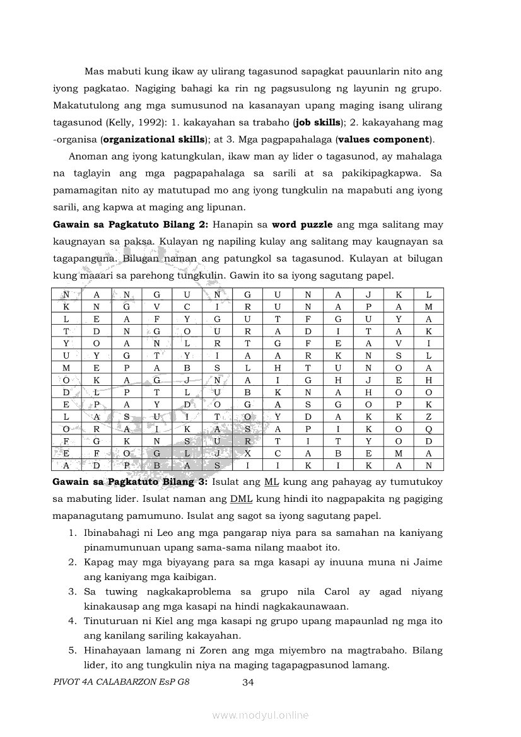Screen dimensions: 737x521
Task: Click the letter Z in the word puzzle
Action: (x=429, y=417)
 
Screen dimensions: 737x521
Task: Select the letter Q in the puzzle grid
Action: (x=429, y=429)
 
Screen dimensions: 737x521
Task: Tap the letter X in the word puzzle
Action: (x=248, y=453)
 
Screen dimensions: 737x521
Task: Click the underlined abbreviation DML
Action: (x=241, y=499)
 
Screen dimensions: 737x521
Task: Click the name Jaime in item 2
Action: (x=430, y=562)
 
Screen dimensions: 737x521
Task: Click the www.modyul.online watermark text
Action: (x=260, y=715)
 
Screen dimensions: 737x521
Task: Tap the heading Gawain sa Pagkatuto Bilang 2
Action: (x=131, y=224)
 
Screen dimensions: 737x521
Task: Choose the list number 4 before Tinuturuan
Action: (x=73, y=621)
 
